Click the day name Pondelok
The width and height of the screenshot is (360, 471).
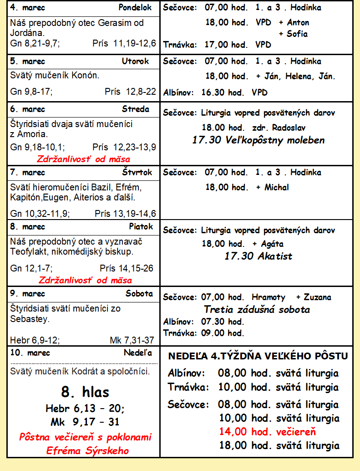(135, 8)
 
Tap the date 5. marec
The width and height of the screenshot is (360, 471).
(27, 61)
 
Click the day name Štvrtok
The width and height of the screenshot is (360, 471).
(137, 173)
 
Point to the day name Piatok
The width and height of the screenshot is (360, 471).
(141, 226)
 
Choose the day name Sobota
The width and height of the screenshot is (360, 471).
(139, 293)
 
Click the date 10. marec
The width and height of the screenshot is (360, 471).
(30, 353)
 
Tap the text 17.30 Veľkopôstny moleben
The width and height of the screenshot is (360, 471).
(258, 140)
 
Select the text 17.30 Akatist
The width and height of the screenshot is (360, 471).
(258, 256)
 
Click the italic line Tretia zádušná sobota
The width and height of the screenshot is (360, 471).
(257, 310)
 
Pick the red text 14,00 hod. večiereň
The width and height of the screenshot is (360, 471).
(267, 432)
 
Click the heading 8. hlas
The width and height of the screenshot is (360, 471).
(85, 392)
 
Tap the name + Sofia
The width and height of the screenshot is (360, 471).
(293, 34)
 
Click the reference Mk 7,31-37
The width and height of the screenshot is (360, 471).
(132, 340)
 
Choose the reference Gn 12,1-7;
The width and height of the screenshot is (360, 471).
(31, 268)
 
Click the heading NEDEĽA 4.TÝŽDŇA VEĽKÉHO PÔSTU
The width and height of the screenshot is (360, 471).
(258, 356)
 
